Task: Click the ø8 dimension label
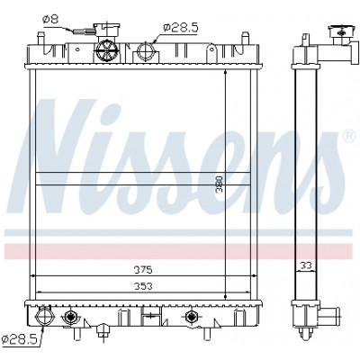50,20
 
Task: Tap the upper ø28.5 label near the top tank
181,28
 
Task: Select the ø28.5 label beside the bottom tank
19,339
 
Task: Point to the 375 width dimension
143,270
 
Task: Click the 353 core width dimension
143,286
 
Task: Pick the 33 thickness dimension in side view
306,265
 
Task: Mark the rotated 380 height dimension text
220,184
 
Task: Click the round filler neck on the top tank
107,51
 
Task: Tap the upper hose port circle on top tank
146,50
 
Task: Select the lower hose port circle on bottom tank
44,316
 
